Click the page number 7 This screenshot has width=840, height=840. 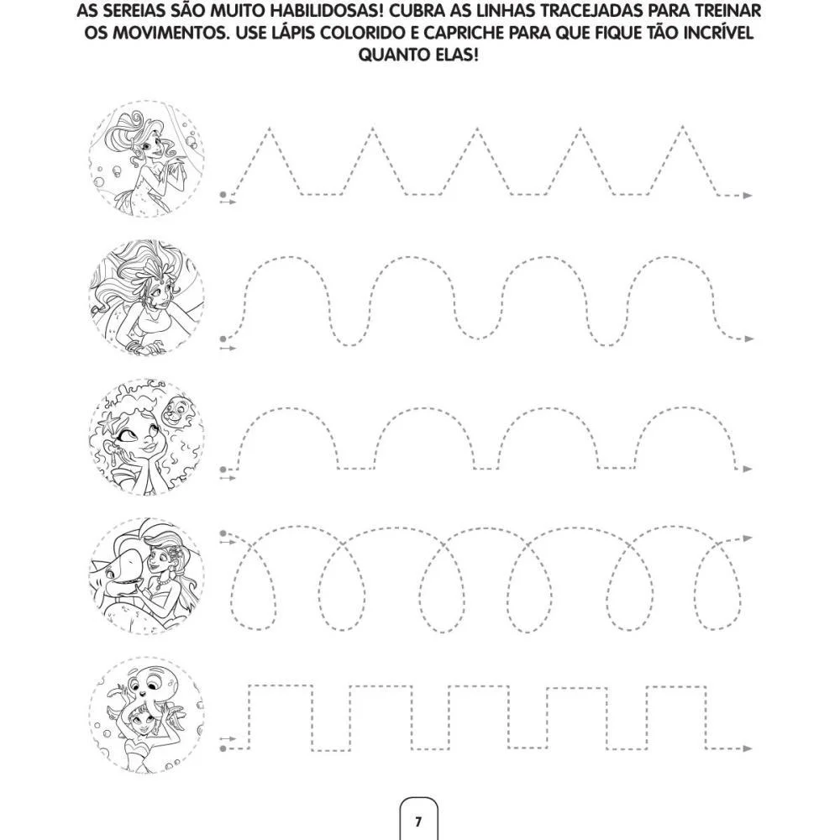point(418,822)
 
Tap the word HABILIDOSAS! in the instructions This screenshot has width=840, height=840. point(326,11)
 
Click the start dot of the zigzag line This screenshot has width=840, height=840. point(223,195)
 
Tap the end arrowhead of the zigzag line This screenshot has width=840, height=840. point(748,196)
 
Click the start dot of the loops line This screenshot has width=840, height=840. point(223,533)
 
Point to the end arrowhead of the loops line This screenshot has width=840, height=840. point(748,538)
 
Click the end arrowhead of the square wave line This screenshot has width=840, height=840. point(748,748)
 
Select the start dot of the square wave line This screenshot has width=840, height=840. point(223,748)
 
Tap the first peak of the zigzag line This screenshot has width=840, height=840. point(269,129)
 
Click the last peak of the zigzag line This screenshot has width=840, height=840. point(682,128)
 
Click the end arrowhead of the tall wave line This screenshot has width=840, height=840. point(749,339)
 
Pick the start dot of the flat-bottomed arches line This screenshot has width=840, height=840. point(223,470)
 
